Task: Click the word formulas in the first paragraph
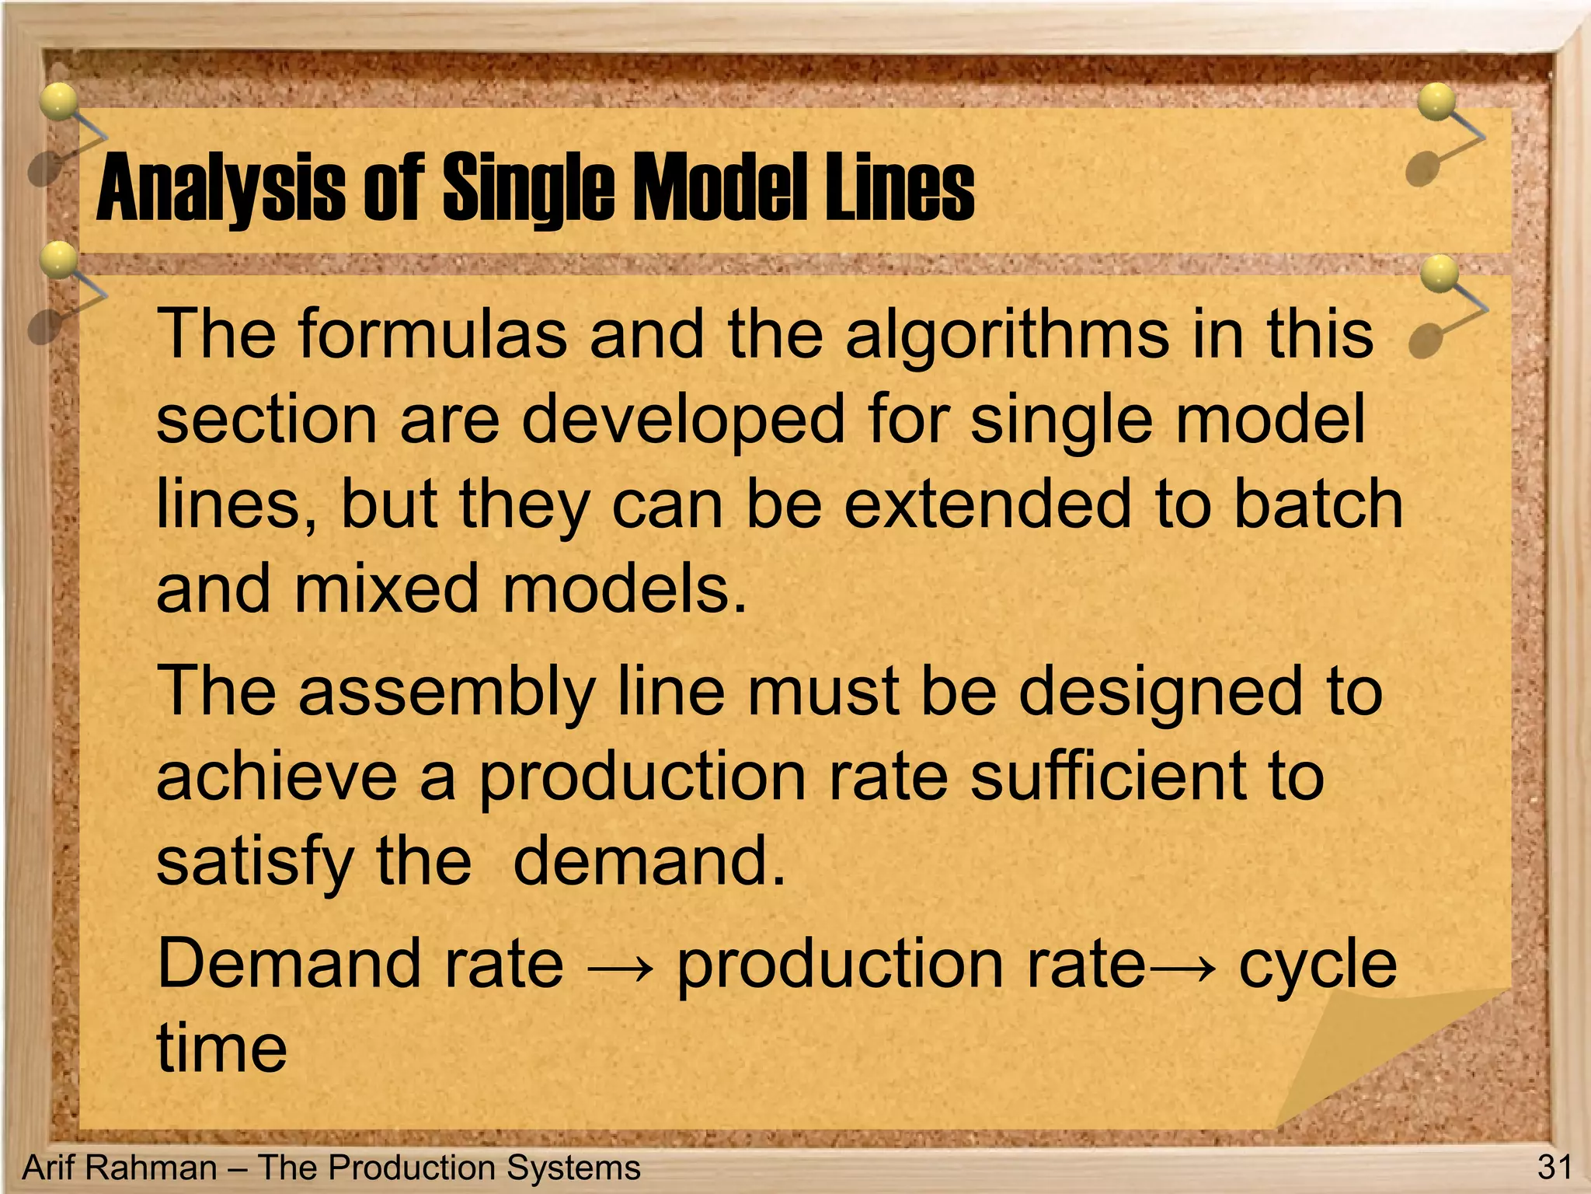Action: (x=432, y=334)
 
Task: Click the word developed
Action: (x=682, y=421)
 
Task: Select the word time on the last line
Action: (x=222, y=1049)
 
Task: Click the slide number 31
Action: (x=1554, y=1168)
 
